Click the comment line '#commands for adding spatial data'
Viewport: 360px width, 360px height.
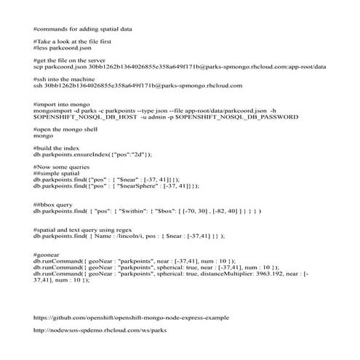click(x=87, y=28)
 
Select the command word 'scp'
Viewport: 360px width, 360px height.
click(x=39, y=66)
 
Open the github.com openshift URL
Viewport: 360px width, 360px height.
click(x=132, y=317)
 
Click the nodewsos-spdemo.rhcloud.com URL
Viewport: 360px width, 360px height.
click(x=100, y=330)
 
